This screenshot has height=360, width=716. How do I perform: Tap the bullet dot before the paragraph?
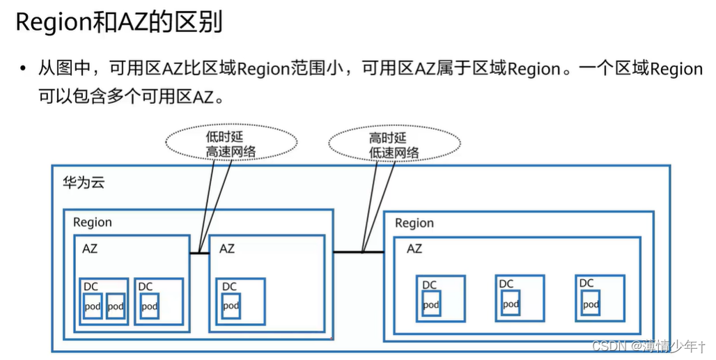click(x=22, y=70)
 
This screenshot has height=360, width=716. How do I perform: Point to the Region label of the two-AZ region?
click(x=92, y=222)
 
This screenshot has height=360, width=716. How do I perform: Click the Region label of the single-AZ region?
click(x=414, y=223)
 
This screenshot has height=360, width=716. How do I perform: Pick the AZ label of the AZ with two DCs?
click(x=90, y=248)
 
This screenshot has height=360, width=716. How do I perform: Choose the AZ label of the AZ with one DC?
click(x=227, y=248)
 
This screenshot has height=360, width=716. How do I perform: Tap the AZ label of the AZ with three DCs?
click(x=414, y=248)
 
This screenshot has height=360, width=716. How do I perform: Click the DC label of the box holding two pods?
click(x=91, y=286)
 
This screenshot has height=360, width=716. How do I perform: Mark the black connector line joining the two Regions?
click(x=358, y=251)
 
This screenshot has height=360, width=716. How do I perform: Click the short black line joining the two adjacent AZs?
click(x=199, y=252)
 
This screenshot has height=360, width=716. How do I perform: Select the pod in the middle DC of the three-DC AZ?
click(x=511, y=304)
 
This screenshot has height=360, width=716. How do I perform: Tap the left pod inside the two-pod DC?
click(x=93, y=306)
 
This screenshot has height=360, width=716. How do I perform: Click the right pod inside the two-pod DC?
click(x=116, y=306)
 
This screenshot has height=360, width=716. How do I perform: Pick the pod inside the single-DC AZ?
click(x=231, y=306)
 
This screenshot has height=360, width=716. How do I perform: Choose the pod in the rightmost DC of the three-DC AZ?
click(x=591, y=304)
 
